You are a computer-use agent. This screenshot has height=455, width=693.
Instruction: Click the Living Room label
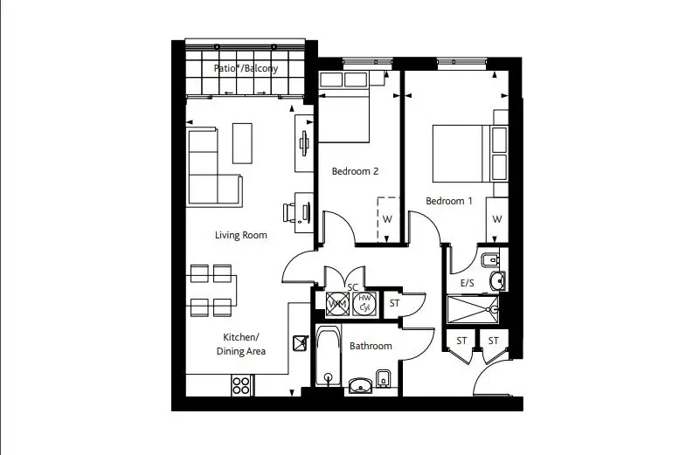[x=241, y=235]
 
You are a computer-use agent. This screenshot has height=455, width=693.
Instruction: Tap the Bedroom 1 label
[x=449, y=201]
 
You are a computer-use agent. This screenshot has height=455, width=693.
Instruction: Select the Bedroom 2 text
[x=356, y=171]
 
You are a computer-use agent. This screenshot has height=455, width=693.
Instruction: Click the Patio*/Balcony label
[x=246, y=68]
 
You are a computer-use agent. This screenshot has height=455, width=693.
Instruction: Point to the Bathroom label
[x=371, y=346]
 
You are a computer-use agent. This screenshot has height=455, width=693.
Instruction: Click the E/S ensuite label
[x=468, y=283]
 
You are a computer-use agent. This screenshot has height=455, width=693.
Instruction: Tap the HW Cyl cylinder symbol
[x=364, y=304]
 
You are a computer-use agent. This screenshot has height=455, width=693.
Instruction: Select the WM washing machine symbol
[x=337, y=304]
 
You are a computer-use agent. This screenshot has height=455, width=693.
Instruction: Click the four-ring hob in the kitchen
[x=241, y=385]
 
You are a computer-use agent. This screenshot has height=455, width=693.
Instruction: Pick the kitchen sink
[x=301, y=343]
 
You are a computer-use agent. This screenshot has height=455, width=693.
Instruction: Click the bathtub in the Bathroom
[x=329, y=356]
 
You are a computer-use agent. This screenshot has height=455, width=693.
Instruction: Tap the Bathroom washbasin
[x=361, y=386]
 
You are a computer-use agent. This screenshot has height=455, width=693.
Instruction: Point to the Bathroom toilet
[x=383, y=378]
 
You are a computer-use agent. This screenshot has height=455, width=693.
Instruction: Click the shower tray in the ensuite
[x=473, y=310]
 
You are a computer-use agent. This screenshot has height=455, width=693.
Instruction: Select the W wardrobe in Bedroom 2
[x=388, y=219]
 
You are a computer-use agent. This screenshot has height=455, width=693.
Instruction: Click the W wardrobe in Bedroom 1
[x=497, y=219]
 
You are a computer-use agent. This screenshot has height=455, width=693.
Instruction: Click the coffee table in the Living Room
[x=242, y=143]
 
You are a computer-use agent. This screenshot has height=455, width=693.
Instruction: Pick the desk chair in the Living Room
[x=289, y=213]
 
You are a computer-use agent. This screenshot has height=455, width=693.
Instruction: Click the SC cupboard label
[x=352, y=287]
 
